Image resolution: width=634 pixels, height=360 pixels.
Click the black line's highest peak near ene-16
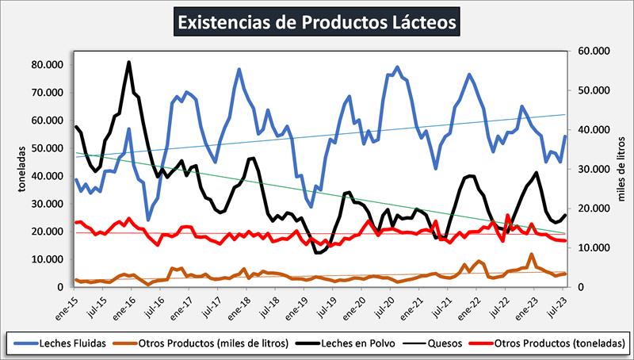click(x=129, y=62)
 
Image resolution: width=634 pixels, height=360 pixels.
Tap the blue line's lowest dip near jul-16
click(x=148, y=220)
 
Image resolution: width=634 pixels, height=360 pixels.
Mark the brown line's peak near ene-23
click(x=530, y=255)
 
